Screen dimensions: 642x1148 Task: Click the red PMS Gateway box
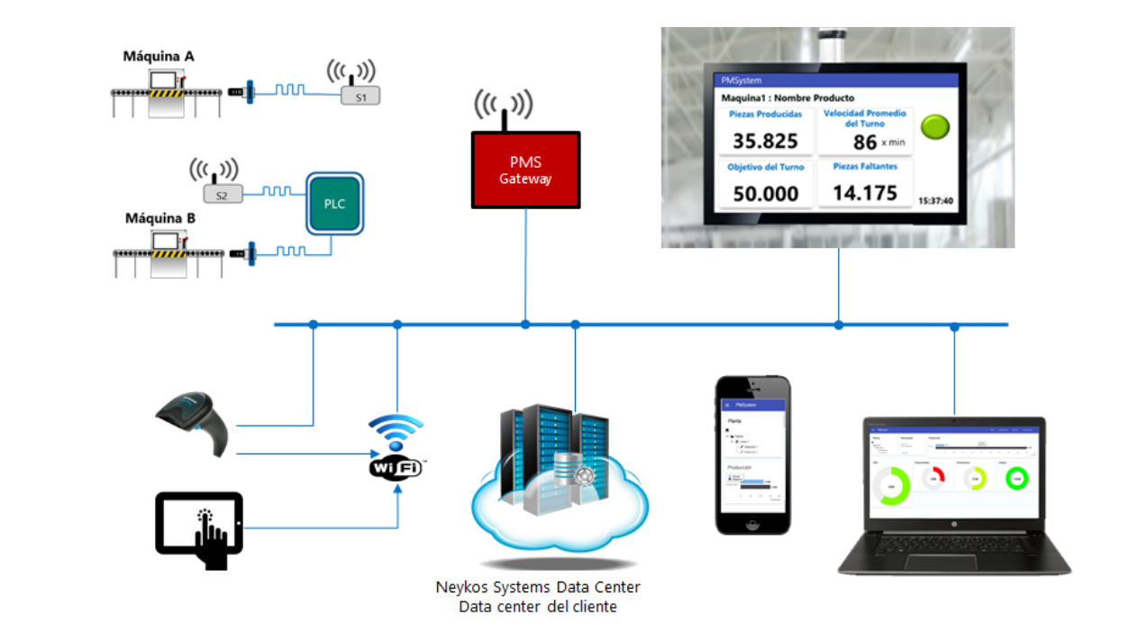click(x=525, y=170)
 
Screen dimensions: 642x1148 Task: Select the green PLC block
click(x=334, y=204)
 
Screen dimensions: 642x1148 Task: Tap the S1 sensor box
click(x=360, y=96)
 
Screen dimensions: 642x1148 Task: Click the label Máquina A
click(x=159, y=56)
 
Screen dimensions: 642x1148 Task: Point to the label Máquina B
click(x=160, y=218)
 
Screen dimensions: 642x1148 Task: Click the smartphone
click(x=752, y=454)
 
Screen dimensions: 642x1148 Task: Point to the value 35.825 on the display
click(x=765, y=141)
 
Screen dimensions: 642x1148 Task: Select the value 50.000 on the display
click(x=765, y=193)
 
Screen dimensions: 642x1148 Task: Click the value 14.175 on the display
click(x=864, y=193)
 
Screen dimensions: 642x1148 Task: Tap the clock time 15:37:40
click(x=935, y=200)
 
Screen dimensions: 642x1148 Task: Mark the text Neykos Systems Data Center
click(x=538, y=587)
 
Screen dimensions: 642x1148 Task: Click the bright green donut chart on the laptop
click(x=1017, y=478)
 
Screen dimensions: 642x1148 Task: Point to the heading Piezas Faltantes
click(x=864, y=167)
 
